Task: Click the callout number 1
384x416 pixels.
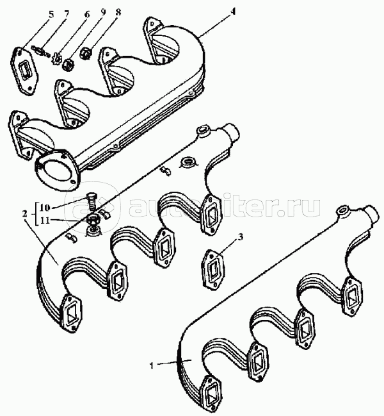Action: [x=151, y=366]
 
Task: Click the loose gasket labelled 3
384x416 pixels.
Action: [x=214, y=264]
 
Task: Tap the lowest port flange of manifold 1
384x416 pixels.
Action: [x=211, y=392]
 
